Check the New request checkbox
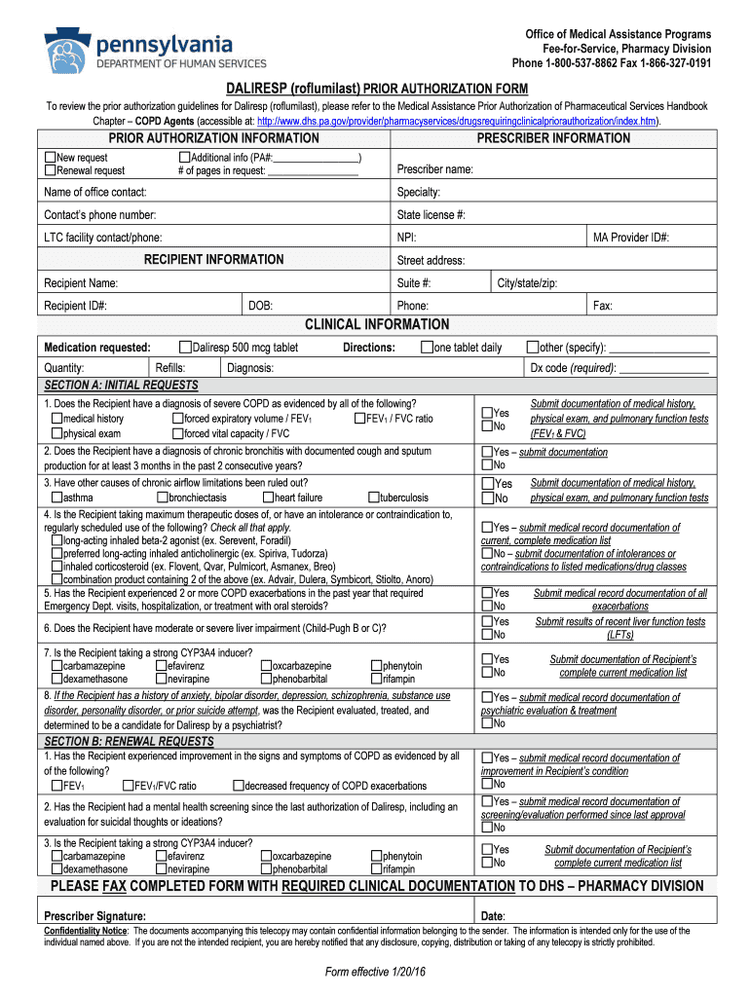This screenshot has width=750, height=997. click(51, 157)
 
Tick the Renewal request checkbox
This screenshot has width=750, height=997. click(51, 170)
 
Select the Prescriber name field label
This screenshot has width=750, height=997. click(434, 169)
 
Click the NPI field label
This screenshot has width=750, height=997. click(407, 237)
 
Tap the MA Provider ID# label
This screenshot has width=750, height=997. click(631, 237)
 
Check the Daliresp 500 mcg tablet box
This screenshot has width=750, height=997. click(186, 348)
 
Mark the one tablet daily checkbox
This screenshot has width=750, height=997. click(427, 348)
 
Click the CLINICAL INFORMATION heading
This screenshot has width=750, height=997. click(377, 324)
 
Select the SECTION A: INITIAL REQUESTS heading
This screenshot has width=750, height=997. click(121, 385)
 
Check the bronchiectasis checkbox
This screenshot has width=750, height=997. click(162, 498)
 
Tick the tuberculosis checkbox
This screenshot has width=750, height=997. click(373, 498)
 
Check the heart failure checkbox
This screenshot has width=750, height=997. click(268, 498)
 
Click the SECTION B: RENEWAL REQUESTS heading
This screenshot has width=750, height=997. click(129, 741)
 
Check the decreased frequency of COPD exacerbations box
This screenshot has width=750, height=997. click(238, 786)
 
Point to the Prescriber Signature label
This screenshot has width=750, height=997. click(95, 916)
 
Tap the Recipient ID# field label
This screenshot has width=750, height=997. click(75, 306)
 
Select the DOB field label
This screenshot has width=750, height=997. click(260, 306)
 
